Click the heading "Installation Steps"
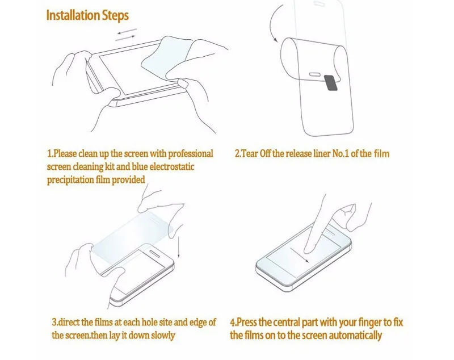coord(87,15)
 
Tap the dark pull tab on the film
coord(331,83)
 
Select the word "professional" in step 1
coord(191,154)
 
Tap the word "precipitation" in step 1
coord(70,180)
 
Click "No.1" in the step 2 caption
coord(340,153)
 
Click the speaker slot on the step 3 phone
coord(158,253)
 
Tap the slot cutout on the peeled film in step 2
coord(314,74)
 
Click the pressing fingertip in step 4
coord(308,248)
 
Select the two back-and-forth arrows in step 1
coord(126,34)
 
